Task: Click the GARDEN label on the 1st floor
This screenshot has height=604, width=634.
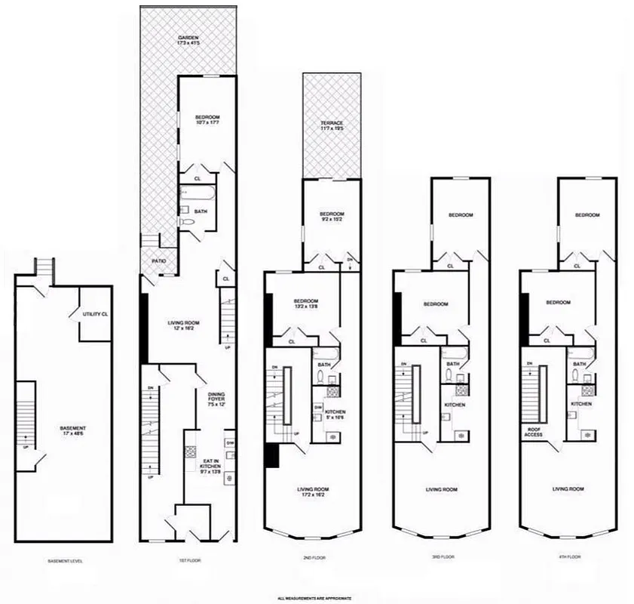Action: coord(188,41)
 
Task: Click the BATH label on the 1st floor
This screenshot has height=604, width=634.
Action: coord(201,212)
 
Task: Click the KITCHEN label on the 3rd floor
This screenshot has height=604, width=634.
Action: coord(454,405)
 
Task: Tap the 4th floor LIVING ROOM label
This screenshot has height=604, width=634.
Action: coord(568,489)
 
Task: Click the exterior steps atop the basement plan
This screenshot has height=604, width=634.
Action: coord(43,267)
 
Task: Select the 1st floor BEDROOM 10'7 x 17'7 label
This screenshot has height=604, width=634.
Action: coord(207,120)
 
